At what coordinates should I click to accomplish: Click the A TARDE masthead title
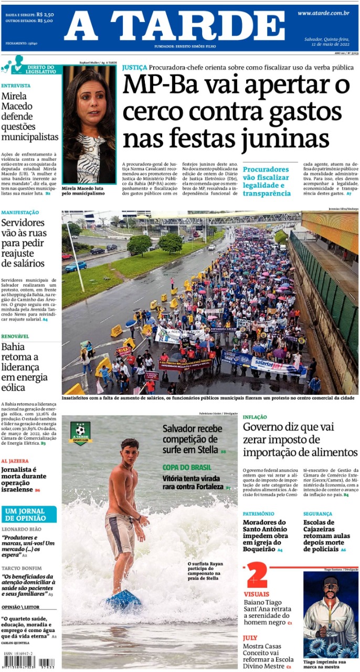pos(174,26)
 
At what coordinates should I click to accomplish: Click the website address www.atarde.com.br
pos(323,13)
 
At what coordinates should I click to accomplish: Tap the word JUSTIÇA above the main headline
pos(134,68)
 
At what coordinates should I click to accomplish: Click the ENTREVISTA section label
pos(16,86)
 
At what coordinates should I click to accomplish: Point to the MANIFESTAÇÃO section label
pos(20,213)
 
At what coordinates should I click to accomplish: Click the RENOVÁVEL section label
pos(15,336)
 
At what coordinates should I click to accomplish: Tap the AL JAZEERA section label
pos(15,461)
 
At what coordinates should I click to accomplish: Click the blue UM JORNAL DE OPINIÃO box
pos(29,514)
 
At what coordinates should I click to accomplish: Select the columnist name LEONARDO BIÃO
pos(21,529)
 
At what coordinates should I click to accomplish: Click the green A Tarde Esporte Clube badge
pos(80,433)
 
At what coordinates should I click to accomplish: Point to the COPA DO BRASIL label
pos(187,467)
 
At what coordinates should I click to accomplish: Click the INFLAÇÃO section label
pos(255,417)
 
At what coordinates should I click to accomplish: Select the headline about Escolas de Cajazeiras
pos(324,535)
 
